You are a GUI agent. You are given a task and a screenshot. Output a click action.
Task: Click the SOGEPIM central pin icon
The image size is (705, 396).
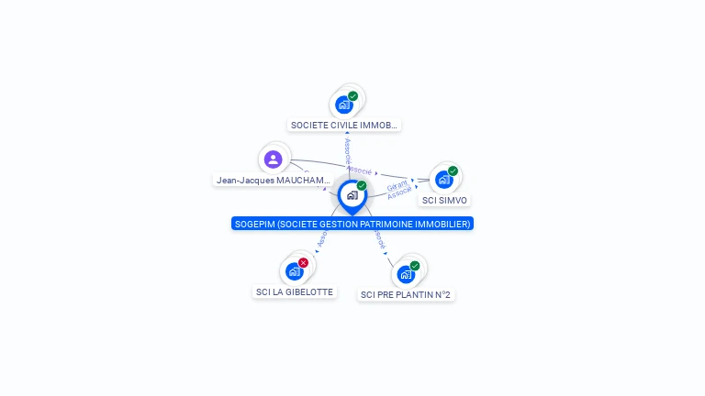click(x=352, y=195)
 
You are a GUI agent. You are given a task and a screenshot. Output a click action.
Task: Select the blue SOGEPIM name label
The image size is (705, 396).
click(x=352, y=224)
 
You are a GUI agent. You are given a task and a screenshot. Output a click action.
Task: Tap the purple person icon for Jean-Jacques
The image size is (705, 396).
click(x=273, y=159)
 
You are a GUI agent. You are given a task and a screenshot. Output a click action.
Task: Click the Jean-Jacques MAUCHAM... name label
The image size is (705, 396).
click(x=273, y=181)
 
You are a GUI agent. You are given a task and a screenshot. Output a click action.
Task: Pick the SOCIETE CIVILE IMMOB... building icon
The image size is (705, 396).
click(x=344, y=104)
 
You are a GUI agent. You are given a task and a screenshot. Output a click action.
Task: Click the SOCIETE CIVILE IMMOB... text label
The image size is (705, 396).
click(x=344, y=125)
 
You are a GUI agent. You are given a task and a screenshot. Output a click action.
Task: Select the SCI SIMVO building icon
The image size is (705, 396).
click(x=444, y=180)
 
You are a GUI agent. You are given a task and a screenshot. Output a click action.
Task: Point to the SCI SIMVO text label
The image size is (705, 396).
click(x=444, y=200)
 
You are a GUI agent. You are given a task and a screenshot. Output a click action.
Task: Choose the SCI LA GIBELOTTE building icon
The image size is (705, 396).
click(x=294, y=271)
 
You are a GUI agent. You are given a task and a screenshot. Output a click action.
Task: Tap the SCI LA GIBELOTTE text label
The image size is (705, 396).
click(x=294, y=292)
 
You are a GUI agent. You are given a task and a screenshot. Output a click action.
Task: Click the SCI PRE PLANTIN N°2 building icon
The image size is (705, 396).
click(x=406, y=274)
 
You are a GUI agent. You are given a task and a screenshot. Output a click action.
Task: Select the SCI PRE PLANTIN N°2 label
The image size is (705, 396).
click(x=406, y=295)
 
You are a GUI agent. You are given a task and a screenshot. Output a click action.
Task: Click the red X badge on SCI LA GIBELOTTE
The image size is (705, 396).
click(x=303, y=263)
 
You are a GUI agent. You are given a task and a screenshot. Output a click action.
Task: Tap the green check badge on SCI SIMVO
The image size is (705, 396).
click(x=453, y=171)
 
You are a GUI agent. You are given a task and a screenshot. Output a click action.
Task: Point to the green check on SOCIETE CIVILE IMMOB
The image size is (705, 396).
click(x=352, y=96)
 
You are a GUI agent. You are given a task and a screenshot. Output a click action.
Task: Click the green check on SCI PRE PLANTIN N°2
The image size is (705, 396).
click(x=415, y=266)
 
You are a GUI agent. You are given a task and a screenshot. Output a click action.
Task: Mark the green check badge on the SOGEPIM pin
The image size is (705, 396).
click(x=362, y=186)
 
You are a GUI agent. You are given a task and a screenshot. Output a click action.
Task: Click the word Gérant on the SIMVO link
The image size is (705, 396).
click(x=397, y=186)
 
